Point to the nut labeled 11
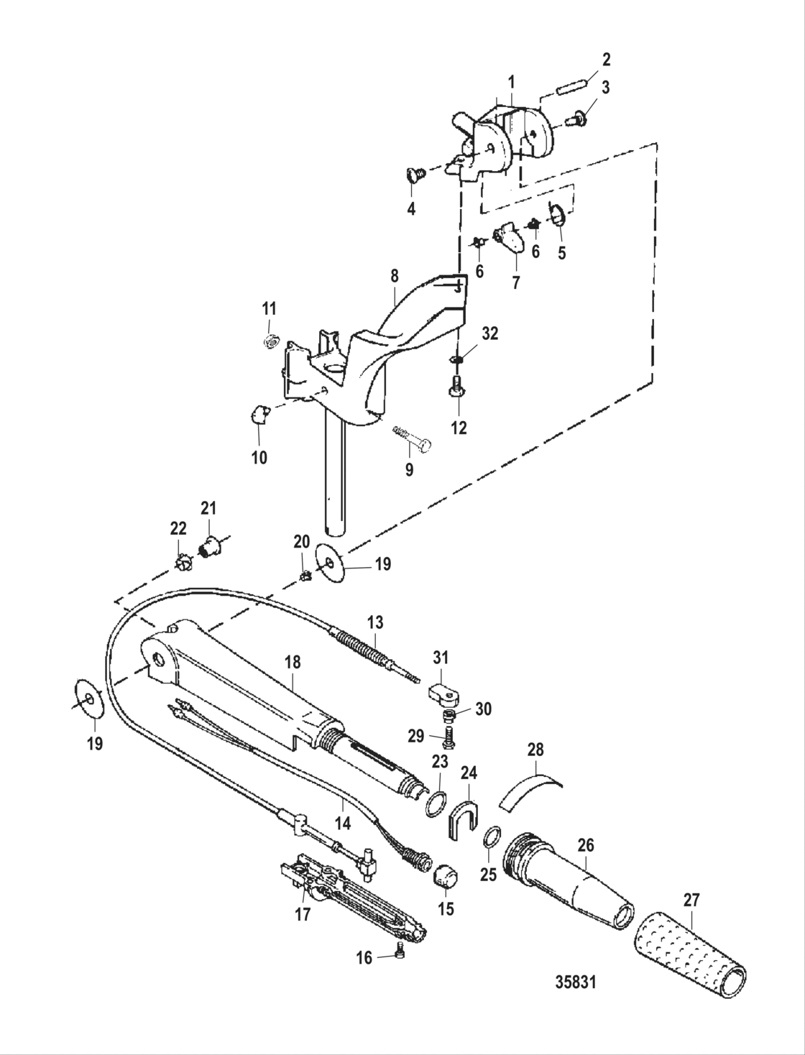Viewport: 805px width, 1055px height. coord(271,341)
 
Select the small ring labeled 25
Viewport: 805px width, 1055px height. coord(491,837)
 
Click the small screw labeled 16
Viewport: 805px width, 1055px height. coord(400,953)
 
